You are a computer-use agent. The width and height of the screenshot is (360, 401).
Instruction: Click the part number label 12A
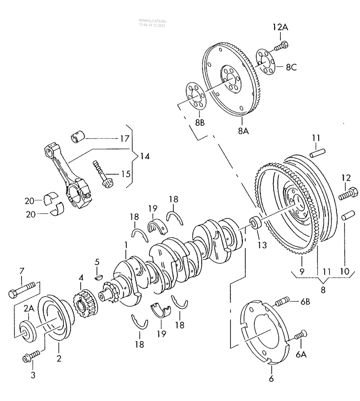point(281,28)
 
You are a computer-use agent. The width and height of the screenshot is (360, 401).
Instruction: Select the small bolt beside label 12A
point(281,47)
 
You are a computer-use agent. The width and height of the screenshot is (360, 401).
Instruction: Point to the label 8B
point(200,123)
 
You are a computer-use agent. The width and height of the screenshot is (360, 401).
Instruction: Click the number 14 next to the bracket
point(144,156)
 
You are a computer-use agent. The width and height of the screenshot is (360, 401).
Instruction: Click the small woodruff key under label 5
point(99,276)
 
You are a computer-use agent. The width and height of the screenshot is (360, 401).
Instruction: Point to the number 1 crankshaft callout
point(125,245)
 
